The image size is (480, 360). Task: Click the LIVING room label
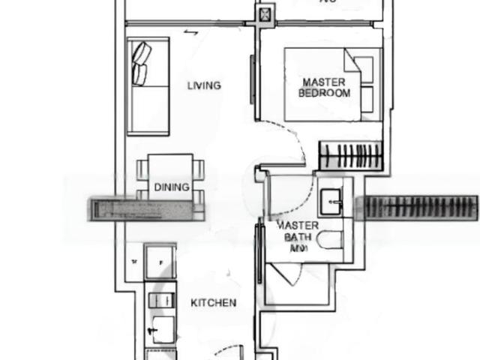point(204,85)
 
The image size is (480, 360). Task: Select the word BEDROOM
point(324,94)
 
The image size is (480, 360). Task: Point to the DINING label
point(172,187)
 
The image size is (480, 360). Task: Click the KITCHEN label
point(214,303)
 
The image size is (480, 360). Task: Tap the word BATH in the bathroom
point(291,238)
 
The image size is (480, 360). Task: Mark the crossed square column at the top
point(266,13)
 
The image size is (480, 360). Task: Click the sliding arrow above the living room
point(191,33)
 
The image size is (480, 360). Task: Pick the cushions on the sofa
point(142,63)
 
